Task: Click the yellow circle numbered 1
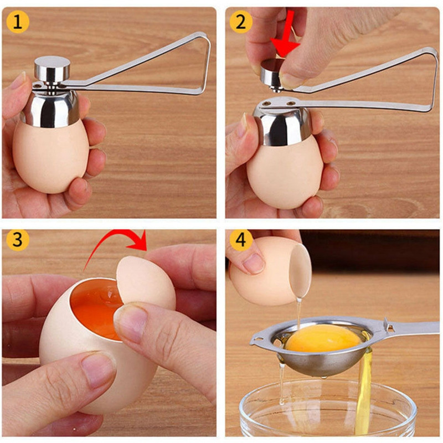click(18, 22)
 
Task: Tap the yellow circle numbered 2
click(241, 22)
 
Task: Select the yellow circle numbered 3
click(18, 240)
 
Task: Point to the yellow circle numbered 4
click(241, 240)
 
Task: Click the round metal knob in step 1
click(52, 68)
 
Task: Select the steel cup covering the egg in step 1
click(50, 109)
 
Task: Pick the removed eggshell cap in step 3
click(144, 282)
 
